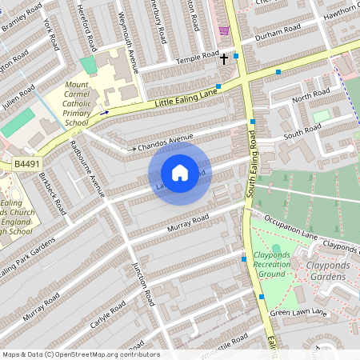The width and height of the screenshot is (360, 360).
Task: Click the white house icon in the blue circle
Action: click(x=179, y=173)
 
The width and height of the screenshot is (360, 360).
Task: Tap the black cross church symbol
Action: click(x=224, y=58)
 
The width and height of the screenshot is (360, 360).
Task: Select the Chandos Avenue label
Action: click(x=166, y=142)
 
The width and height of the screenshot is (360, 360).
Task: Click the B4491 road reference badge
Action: click(x=26, y=164)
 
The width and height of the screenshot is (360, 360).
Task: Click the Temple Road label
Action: click(x=198, y=57)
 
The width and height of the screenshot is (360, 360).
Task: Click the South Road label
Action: click(x=302, y=131)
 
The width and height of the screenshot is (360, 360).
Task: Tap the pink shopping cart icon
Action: click(x=224, y=30)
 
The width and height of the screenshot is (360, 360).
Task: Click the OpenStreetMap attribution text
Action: click(x=80, y=354)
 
